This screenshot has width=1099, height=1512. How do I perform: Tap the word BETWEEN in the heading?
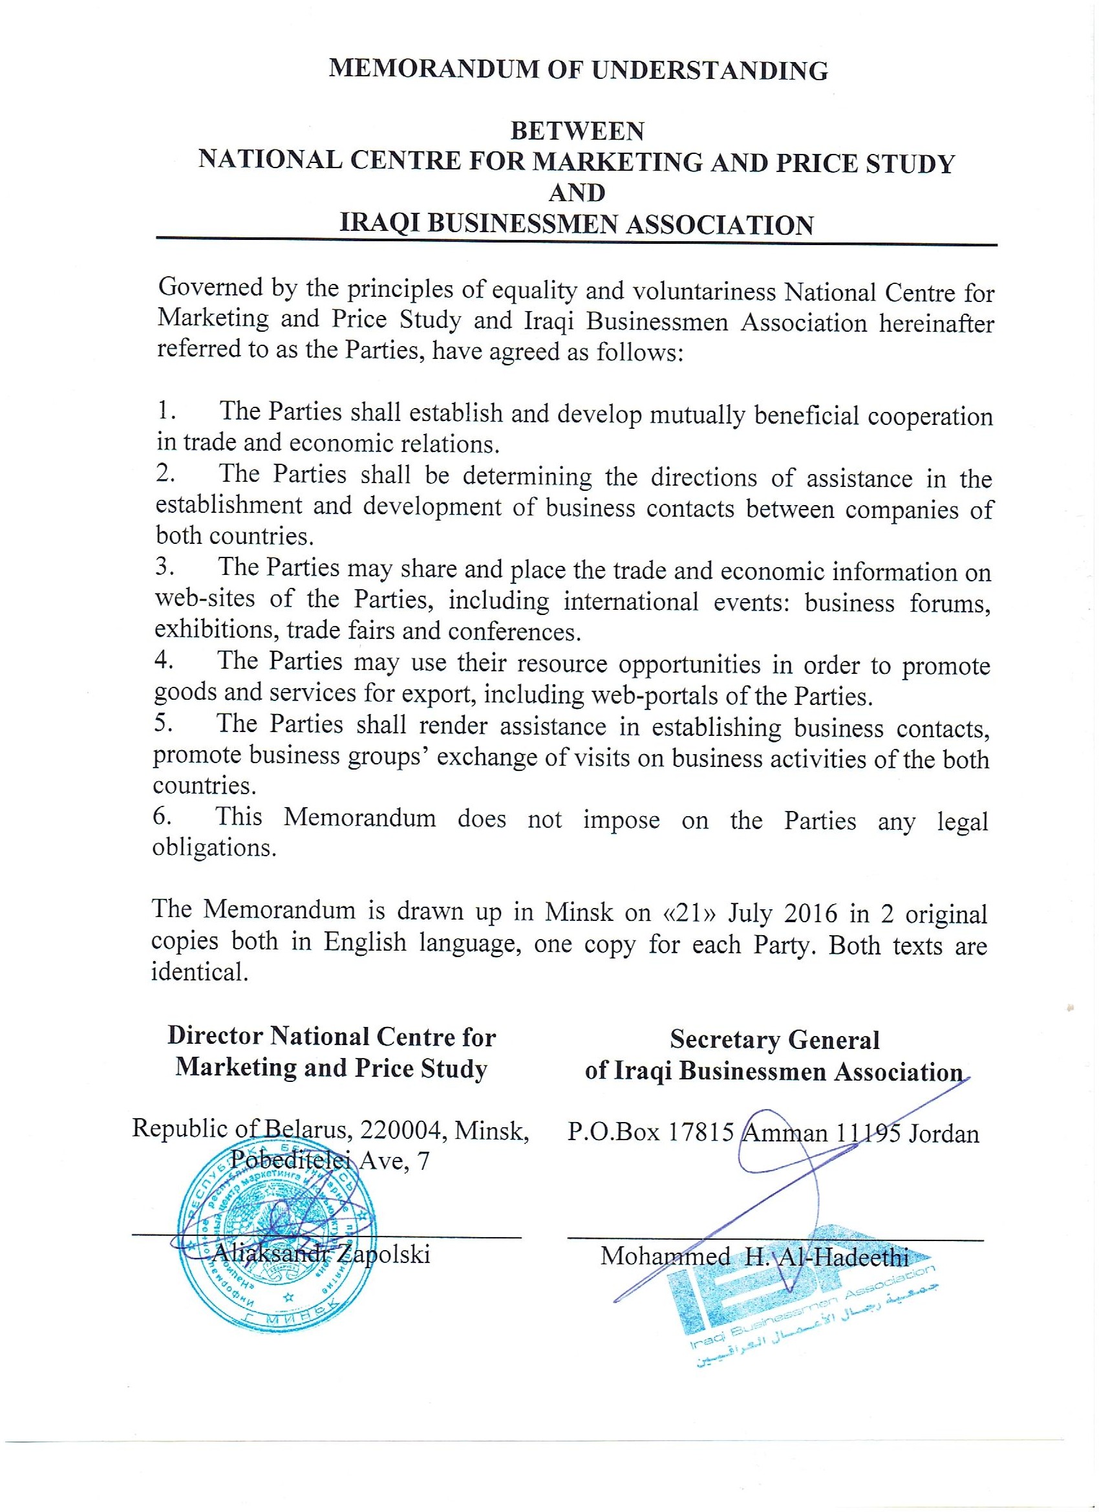(577, 131)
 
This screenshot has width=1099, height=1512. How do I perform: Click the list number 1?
(165, 411)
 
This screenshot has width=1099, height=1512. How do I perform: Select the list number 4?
(164, 660)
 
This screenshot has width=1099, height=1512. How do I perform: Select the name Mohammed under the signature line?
(665, 1257)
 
